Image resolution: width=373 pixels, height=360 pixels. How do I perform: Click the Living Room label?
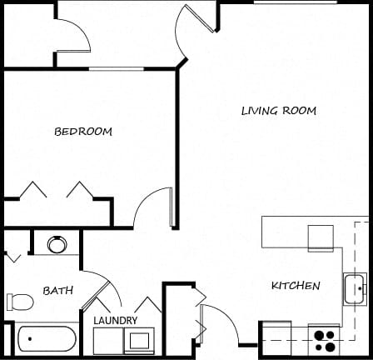(x=279, y=111)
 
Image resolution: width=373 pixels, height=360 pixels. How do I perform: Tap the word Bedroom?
(x=83, y=132)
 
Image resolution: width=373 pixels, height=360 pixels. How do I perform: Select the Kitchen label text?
(x=296, y=286)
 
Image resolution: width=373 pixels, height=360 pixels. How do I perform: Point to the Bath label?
(x=58, y=291)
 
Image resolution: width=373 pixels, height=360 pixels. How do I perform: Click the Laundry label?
(x=115, y=321)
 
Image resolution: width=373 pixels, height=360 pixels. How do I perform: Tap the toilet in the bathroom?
(x=20, y=302)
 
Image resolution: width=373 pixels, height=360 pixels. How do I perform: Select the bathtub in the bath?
(x=47, y=338)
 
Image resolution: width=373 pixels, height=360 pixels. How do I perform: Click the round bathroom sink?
(x=57, y=244)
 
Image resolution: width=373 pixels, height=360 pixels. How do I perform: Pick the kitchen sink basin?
(x=355, y=289)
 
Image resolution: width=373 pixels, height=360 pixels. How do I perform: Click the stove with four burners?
(x=325, y=340)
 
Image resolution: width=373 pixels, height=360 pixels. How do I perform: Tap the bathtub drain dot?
(x=30, y=338)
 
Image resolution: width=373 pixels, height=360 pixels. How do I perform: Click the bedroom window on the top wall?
(x=116, y=68)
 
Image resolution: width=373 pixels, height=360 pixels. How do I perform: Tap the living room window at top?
(x=296, y=2)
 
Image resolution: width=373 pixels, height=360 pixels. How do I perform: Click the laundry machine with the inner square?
(x=139, y=341)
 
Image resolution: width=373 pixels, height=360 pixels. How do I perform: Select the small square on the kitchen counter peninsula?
(x=321, y=238)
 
